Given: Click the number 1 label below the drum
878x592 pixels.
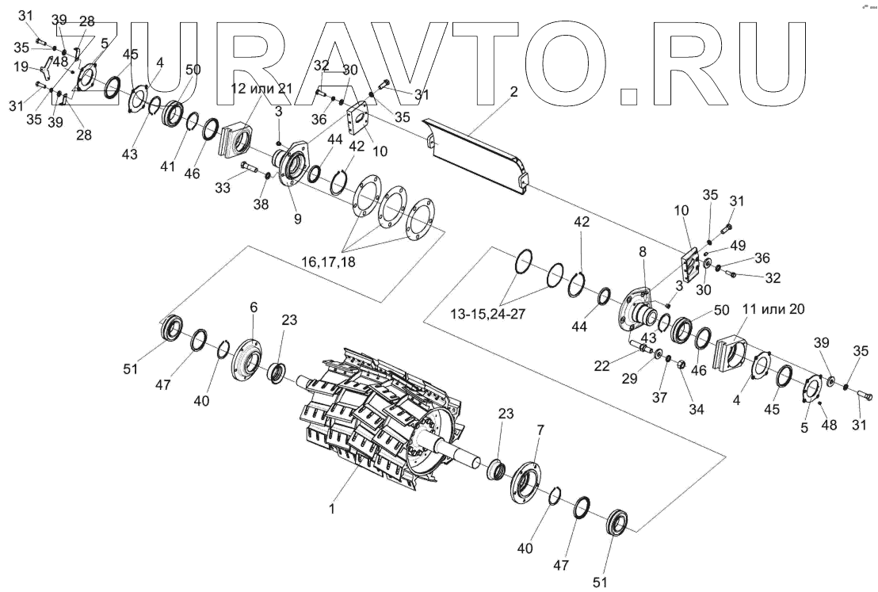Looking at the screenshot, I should click(332, 510).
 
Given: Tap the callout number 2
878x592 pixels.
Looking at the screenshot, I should click(513, 92).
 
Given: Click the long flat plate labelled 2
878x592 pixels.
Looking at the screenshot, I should click(475, 151).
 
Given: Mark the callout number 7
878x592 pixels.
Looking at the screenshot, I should click(540, 430).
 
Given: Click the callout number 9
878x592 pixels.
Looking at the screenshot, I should click(298, 219).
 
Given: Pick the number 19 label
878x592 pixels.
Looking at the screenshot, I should click(21, 68).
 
